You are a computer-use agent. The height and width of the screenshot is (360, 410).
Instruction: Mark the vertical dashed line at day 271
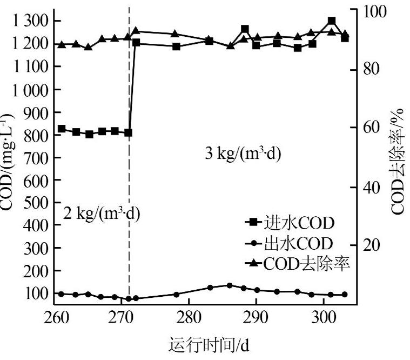point(129,162)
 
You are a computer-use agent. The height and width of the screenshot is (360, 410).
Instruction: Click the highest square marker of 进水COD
point(332,22)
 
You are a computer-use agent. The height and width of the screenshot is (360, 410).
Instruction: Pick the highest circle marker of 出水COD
point(230,285)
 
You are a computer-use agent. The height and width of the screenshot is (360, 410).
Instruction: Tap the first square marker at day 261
point(62,129)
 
